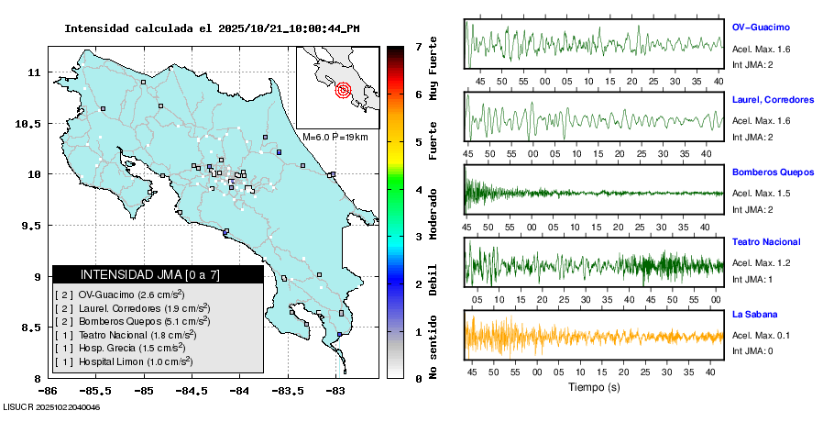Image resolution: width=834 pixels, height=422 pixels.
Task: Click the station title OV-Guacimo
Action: pos(761,28)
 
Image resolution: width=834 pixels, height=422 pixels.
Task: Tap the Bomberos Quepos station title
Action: pos(773,172)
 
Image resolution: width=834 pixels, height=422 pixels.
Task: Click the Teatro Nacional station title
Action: pos(766,242)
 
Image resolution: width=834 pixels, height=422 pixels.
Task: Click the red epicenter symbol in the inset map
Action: pos(344,90)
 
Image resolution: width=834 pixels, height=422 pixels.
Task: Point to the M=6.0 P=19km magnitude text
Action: pos(335,137)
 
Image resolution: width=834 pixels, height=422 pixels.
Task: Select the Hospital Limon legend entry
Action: pos(123,362)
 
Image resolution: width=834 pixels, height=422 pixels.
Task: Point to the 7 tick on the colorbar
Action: pos(418,46)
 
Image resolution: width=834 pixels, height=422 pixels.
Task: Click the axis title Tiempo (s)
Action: pos(593,387)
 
